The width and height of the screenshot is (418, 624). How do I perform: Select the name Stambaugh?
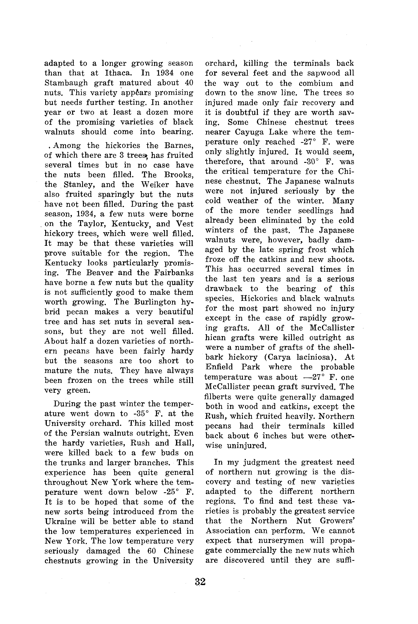[x=66, y=83]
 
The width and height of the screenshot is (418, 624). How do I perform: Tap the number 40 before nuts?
[x=189, y=83]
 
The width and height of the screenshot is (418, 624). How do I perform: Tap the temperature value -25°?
[x=167, y=492]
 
